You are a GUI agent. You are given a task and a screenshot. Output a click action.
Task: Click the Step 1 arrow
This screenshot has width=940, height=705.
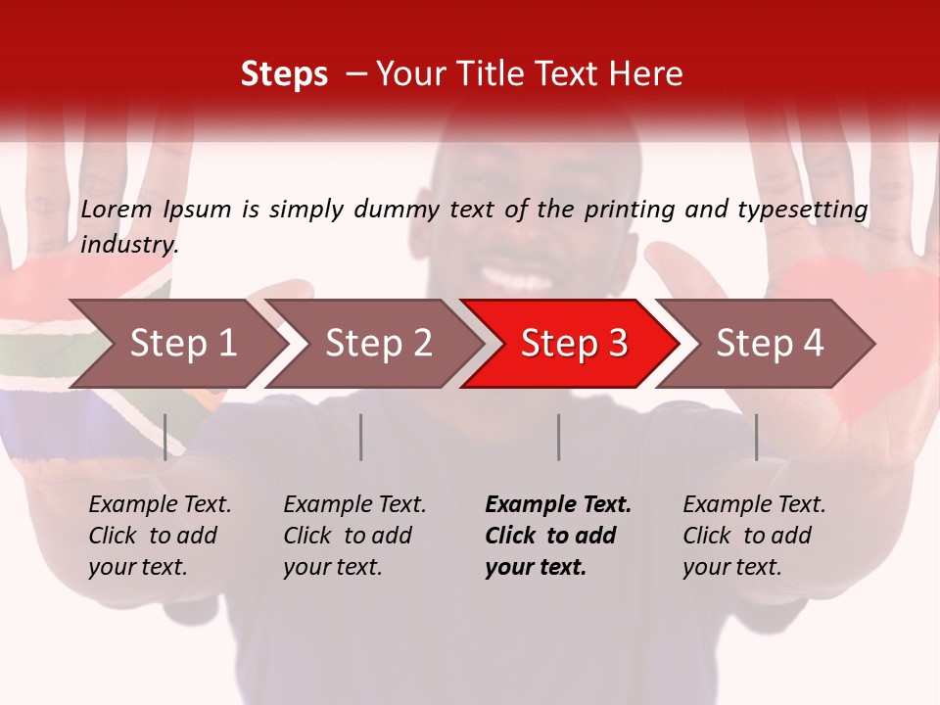tap(176, 344)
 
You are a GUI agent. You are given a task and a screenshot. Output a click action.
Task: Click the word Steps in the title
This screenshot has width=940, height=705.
tap(284, 74)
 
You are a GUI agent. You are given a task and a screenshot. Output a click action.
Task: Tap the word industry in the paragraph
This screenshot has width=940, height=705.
tap(129, 245)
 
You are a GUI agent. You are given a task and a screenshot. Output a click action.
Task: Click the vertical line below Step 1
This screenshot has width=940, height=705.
tap(165, 437)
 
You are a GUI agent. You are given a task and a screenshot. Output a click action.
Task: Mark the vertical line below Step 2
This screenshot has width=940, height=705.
tap(361, 437)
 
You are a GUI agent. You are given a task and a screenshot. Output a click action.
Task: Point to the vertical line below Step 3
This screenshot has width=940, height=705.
tap(559, 437)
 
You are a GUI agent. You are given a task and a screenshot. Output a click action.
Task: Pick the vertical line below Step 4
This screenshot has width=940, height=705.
tap(756, 437)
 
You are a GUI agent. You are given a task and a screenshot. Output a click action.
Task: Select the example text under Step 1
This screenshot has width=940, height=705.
tap(159, 536)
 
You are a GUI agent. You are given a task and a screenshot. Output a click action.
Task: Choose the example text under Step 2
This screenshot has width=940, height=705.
tap(353, 536)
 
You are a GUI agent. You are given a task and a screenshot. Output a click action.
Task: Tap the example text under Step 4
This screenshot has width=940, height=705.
tap(753, 536)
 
